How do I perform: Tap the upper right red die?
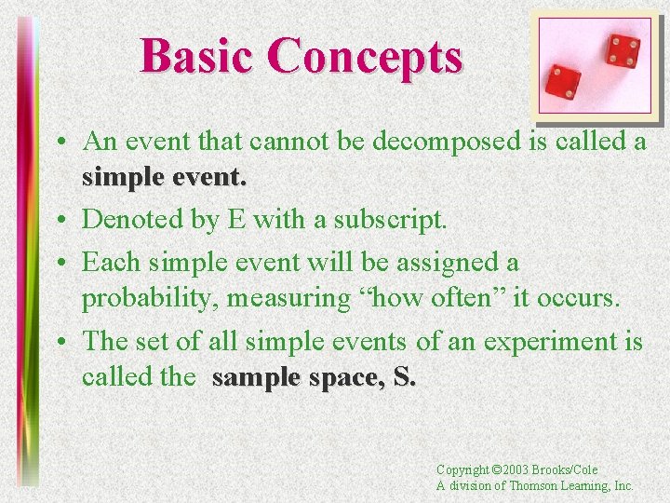point(621,50)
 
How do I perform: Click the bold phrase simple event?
point(164,178)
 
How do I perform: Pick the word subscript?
point(395,220)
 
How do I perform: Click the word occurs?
point(576,300)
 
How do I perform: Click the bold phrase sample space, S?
point(315,377)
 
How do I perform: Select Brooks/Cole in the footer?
point(568,470)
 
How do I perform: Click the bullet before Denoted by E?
point(60,221)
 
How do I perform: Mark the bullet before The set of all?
point(60,342)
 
